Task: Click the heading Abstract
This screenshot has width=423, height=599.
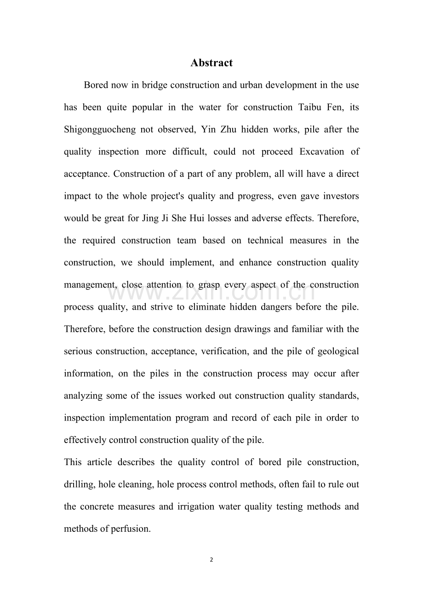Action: [211, 63]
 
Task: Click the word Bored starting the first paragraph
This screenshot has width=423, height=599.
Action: [96, 85]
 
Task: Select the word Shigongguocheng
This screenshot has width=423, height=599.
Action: [100, 130]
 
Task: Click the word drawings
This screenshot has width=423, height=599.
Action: [244, 329]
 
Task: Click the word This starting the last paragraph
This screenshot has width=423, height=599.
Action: [73, 462]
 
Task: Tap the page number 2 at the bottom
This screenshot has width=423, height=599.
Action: [211, 560]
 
